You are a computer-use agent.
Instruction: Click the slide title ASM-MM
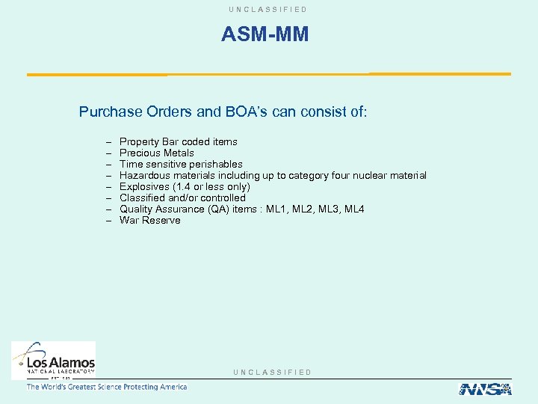pyautogui.click(x=265, y=34)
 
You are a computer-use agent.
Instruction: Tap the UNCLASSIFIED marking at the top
pyautogui.click(x=269, y=9)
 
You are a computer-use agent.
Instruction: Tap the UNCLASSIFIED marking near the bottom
pyautogui.click(x=272, y=372)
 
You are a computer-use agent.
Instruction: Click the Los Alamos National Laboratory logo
pyautogui.click(x=53, y=360)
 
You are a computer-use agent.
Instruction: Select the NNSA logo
pyautogui.click(x=484, y=388)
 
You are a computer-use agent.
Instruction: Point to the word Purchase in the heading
pyautogui.click(x=110, y=112)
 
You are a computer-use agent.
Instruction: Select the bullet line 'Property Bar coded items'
pyautogui.click(x=178, y=141)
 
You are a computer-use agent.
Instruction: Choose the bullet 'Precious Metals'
pyautogui.click(x=156, y=153)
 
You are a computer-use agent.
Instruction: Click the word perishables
pyautogui.click(x=215, y=164)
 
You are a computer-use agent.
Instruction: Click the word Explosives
pyautogui.click(x=143, y=186)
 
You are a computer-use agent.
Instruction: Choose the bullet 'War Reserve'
pyautogui.click(x=149, y=220)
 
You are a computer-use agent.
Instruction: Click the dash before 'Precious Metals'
pyautogui.click(x=109, y=153)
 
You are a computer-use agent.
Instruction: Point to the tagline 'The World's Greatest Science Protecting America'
pyautogui.click(x=107, y=387)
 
